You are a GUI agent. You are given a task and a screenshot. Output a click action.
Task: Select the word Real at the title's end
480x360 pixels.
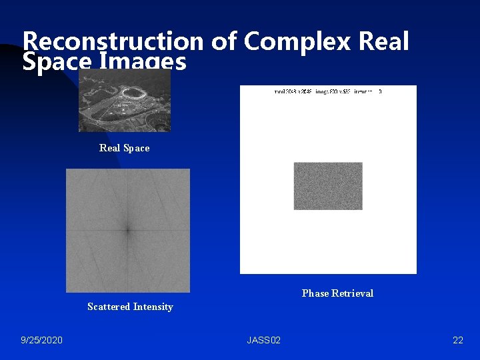(383, 41)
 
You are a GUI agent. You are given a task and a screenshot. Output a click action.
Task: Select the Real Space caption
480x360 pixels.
(124, 148)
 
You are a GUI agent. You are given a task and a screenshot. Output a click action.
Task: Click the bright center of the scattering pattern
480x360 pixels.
(127, 230)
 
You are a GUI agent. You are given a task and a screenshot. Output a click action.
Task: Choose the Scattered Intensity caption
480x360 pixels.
(130, 307)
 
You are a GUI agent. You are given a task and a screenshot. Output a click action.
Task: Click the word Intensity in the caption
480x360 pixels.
(153, 307)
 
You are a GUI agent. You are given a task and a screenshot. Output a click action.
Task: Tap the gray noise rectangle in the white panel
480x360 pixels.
(328, 186)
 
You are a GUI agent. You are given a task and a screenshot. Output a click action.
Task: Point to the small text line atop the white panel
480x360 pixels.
(327, 91)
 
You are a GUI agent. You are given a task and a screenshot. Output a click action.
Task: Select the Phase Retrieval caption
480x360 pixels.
(337, 293)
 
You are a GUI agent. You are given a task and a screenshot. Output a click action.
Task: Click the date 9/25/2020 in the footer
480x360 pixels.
(41, 341)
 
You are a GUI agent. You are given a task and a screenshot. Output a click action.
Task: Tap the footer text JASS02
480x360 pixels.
(263, 341)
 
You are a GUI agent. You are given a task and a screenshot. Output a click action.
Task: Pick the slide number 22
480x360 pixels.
(457, 341)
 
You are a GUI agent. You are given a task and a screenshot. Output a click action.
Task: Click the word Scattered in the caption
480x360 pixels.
(108, 307)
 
